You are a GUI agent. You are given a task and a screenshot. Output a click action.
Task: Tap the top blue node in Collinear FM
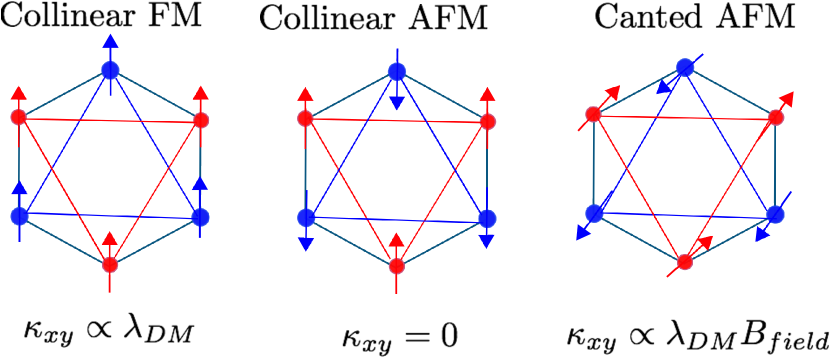(x=110, y=70)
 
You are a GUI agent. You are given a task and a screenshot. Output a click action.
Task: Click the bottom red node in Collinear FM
(x=110, y=265)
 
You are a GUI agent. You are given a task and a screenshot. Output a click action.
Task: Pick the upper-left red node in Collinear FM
(x=17, y=118)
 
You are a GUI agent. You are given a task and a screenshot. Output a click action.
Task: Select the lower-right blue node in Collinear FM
(x=201, y=216)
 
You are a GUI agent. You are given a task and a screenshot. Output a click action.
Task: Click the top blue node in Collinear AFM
(x=397, y=71)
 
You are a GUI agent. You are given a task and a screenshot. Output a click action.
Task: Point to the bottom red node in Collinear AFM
(x=397, y=265)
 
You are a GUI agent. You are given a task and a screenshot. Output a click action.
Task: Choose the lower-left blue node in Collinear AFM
(x=306, y=216)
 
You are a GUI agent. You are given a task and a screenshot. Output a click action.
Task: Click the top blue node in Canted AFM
(x=685, y=67)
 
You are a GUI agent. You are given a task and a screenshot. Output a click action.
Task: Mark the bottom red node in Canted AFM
(x=685, y=262)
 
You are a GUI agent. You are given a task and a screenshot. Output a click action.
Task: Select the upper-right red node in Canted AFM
(x=776, y=117)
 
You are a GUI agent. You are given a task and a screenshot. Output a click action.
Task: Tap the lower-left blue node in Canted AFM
(x=594, y=212)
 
